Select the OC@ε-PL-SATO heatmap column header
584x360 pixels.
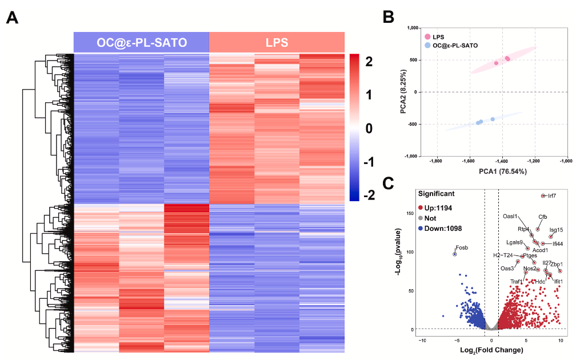point(141,42)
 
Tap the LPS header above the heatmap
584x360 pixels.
point(277,42)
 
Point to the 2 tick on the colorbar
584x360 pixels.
point(369,61)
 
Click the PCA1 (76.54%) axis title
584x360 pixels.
point(494,171)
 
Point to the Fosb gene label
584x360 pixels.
point(462,247)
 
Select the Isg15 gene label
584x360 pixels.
point(556,230)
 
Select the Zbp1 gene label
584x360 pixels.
point(557,264)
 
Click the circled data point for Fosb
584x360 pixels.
point(455,254)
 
